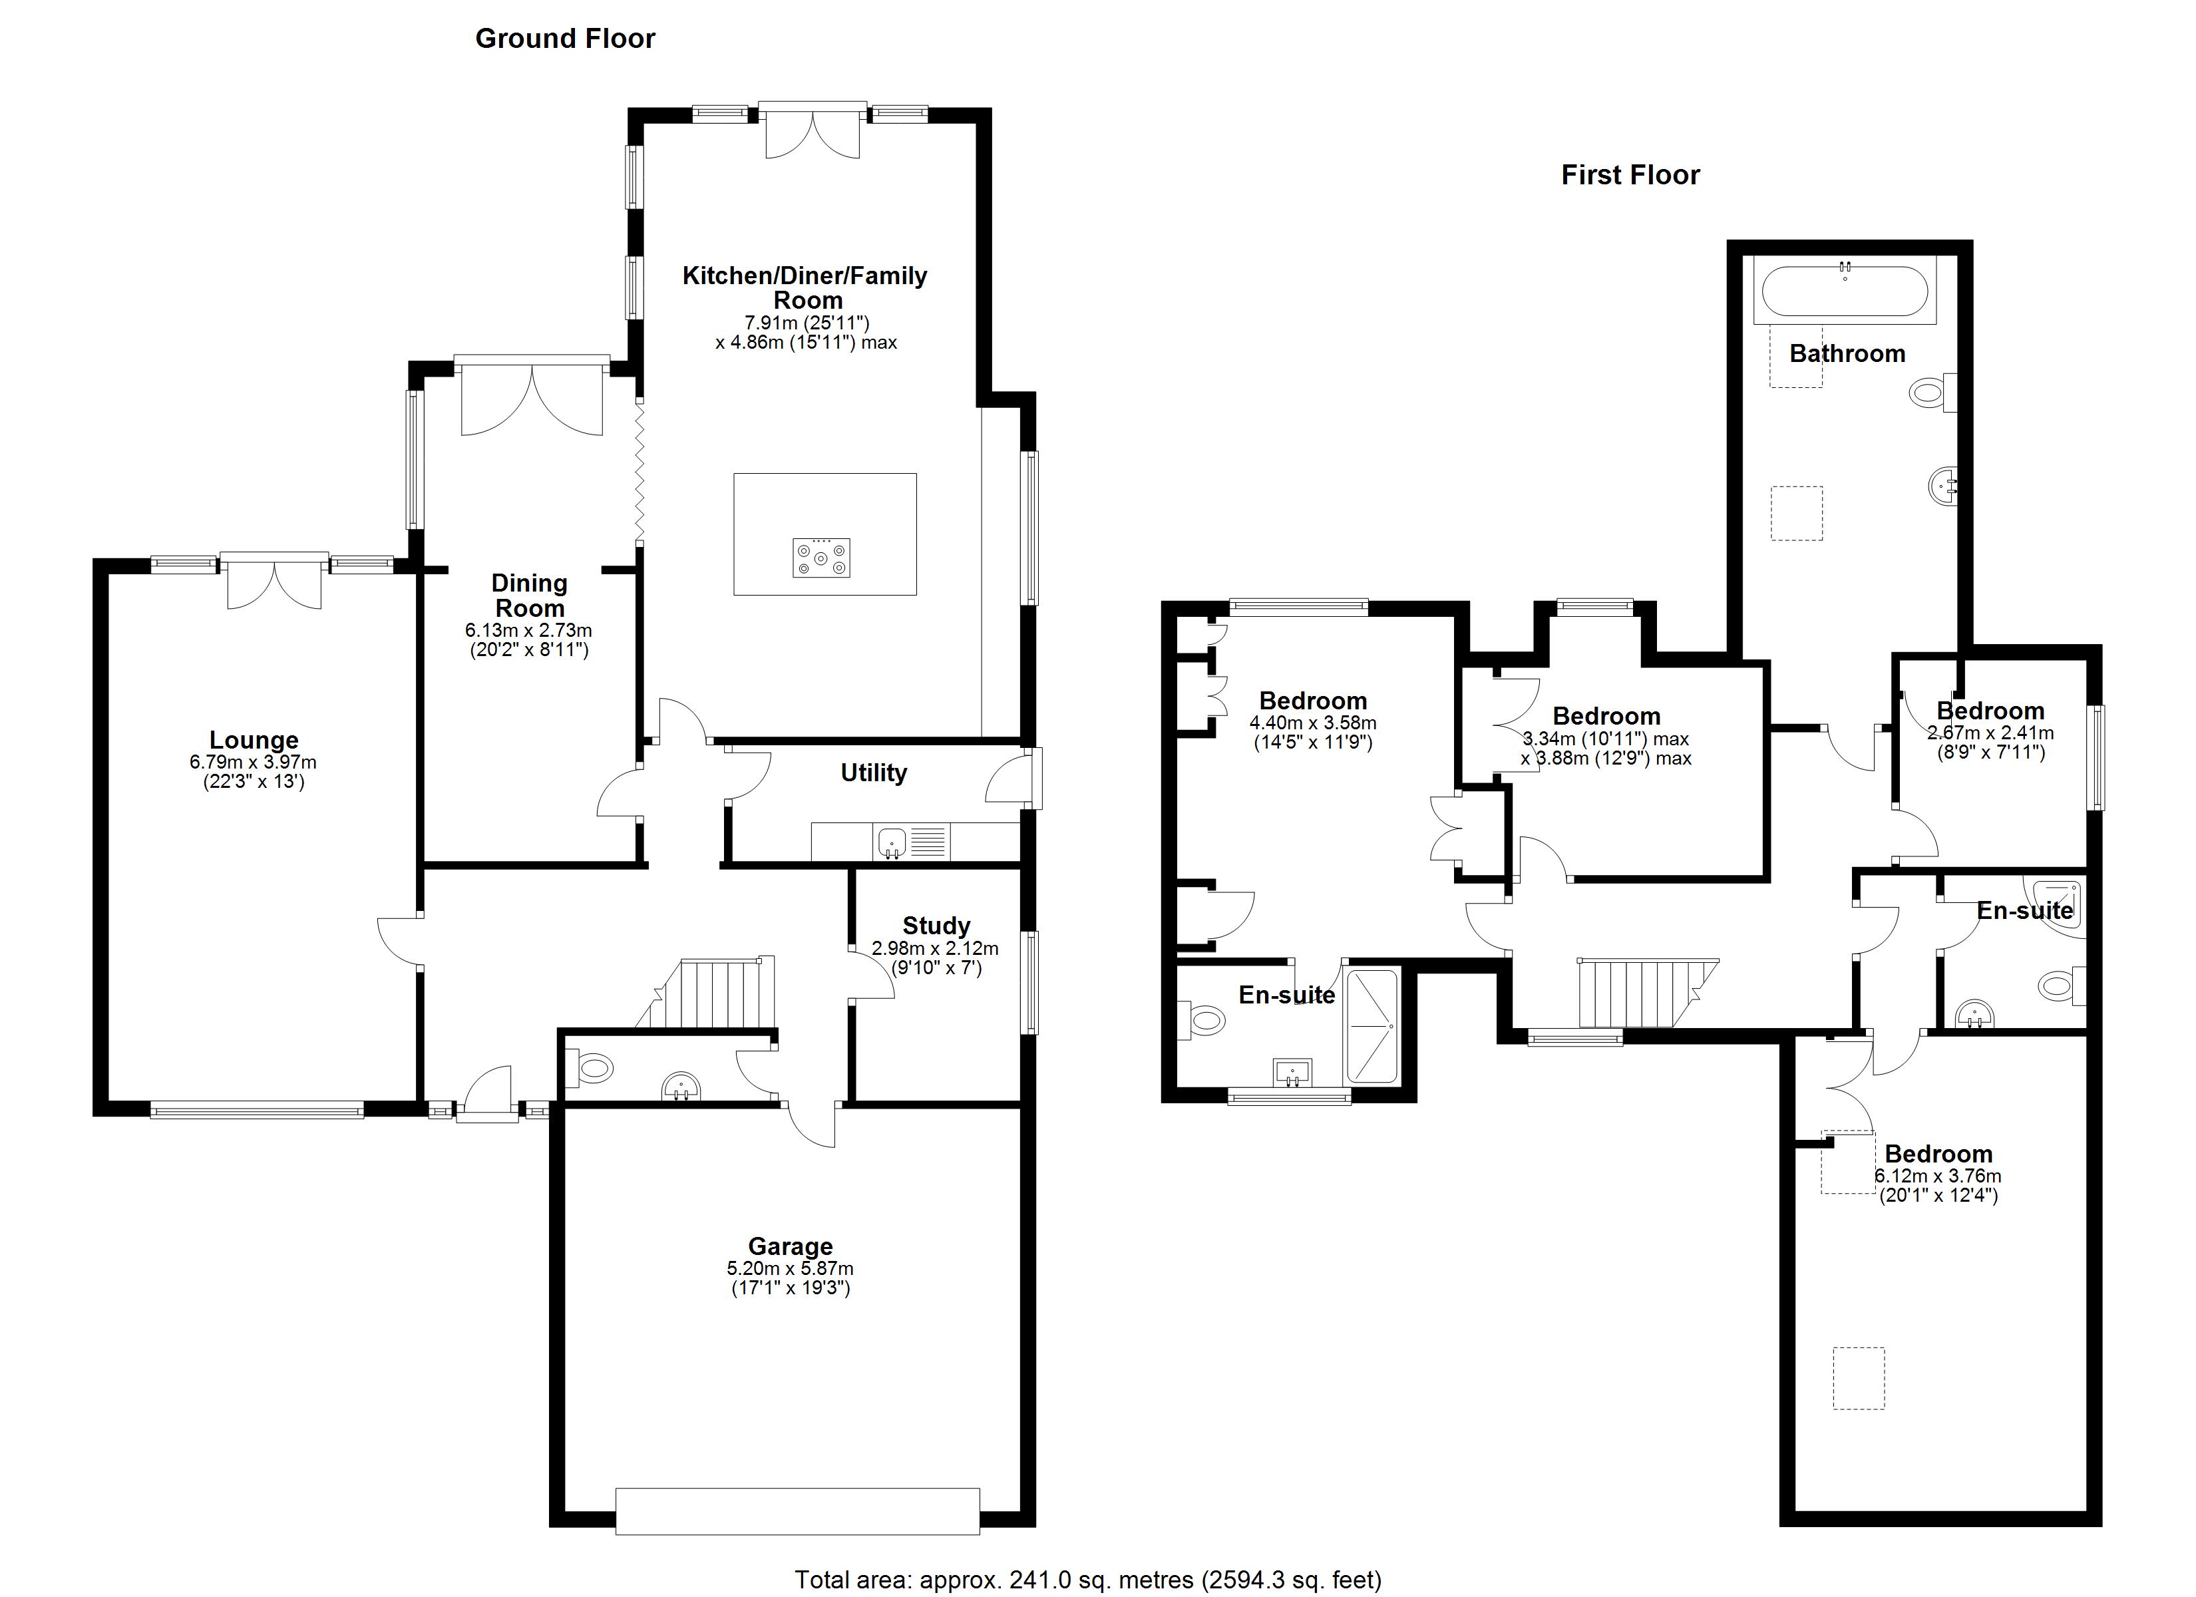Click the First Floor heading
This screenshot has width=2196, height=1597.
pyautogui.click(x=1630, y=175)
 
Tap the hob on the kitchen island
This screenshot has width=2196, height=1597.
pyautogui.click(x=821, y=558)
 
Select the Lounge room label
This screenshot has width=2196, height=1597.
pyautogui.click(x=254, y=741)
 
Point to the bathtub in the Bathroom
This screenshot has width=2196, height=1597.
pyautogui.click(x=1843, y=291)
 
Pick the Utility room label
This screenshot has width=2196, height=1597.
pyautogui.click(x=873, y=773)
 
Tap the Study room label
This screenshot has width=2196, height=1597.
pyautogui.click(x=936, y=926)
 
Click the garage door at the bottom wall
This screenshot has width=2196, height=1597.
pyautogui.click(x=797, y=1510)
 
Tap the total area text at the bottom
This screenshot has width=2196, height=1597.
pyautogui.click(x=1087, y=1580)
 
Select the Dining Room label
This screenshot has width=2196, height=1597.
pyautogui.click(x=528, y=596)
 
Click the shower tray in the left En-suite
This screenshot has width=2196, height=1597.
pyautogui.click(x=1372, y=1027)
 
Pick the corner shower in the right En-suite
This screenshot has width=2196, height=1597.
pyautogui.click(x=2060, y=906)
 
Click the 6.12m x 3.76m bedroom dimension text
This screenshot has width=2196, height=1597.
pyautogui.click(x=1938, y=1176)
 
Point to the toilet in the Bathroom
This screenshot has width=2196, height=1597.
pyautogui.click(x=1932, y=392)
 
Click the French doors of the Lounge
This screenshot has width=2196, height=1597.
pyautogui.click(x=274, y=581)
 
